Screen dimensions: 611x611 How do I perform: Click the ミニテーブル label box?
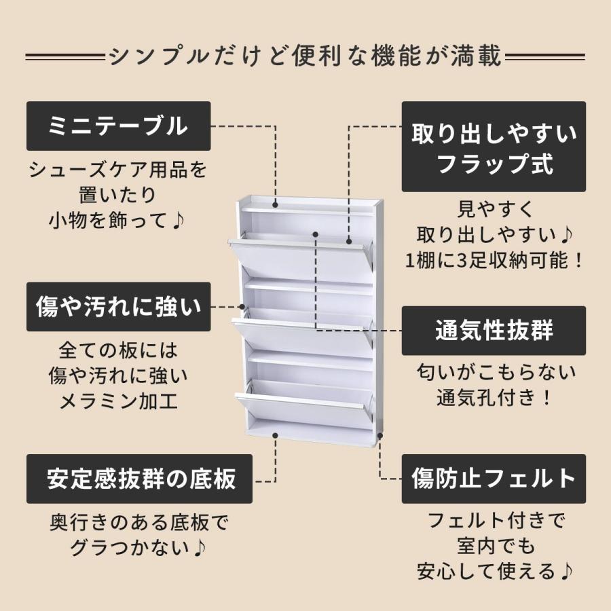[x=118, y=126]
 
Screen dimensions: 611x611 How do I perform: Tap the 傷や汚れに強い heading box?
[x=118, y=307]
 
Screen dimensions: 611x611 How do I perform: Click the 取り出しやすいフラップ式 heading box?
[x=494, y=147]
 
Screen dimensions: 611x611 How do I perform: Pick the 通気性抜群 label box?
[x=494, y=331]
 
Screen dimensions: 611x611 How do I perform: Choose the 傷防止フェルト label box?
[x=494, y=479]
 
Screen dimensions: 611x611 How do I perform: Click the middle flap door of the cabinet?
[x=302, y=336]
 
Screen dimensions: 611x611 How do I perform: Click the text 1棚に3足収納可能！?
[x=494, y=260]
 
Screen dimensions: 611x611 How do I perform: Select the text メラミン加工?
[x=118, y=401]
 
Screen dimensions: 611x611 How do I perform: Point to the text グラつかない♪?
[x=140, y=547]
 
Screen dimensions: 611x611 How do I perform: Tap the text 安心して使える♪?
[x=494, y=571]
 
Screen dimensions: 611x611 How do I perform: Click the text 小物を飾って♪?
[x=118, y=221]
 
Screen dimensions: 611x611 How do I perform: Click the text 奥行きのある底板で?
[x=140, y=523]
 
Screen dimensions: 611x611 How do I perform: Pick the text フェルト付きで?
[x=494, y=521]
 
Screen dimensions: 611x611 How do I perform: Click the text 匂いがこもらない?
[x=494, y=373]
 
